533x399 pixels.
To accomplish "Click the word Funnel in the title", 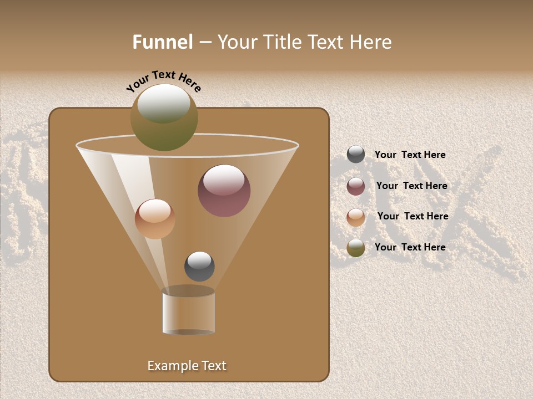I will (x=163, y=42).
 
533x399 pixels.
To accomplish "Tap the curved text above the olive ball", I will (x=163, y=81).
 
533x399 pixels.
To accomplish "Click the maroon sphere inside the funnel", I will (x=224, y=191).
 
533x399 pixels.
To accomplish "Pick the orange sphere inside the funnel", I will (x=155, y=219).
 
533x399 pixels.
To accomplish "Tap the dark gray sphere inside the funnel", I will (x=199, y=267).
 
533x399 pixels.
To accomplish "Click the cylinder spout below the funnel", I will (x=189, y=311).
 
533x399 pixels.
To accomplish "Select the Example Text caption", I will (x=187, y=366).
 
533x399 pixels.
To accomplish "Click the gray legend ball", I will (x=356, y=155).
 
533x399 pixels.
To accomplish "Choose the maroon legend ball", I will (x=356, y=186).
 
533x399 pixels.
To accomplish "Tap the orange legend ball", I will (x=356, y=217).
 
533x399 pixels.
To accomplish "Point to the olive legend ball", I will (x=356, y=248).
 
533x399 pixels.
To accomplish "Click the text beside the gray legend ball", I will (x=410, y=155).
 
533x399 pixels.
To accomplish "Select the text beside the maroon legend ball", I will (x=411, y=186).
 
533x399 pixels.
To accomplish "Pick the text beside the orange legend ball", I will (x=413, y=217).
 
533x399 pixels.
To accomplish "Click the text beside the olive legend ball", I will (x=410, y=247).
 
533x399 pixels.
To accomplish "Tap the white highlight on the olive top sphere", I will (x=164, y=103).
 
